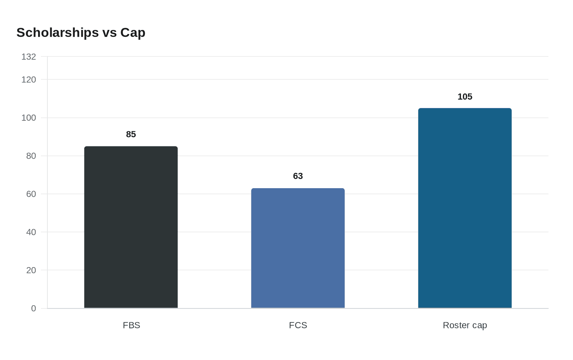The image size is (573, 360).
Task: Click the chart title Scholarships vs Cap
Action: coord(81,33)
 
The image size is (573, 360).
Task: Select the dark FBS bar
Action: coord(131,227)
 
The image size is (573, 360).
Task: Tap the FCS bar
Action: coord(298,248)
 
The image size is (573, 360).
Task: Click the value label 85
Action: coord(131,135)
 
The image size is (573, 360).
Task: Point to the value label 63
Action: coord(298,176)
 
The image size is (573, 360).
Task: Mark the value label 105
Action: coord(465,97)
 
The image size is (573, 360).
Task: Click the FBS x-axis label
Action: coord(131,325)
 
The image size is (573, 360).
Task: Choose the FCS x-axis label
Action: coord(298,325)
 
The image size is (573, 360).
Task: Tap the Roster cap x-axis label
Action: coord(465,325)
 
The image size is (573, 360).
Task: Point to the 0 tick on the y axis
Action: coord(34,308)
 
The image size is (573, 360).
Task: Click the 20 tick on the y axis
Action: coord(31,270)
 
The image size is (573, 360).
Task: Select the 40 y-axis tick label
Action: coord(31,232)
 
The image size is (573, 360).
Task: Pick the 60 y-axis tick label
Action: coord(31,194)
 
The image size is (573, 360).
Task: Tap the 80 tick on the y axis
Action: coord(31,156)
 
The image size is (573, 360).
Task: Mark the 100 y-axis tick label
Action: coord(29,118)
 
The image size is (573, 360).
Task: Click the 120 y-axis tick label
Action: coord(29,80)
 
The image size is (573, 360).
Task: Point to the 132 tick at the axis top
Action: coord(29,57)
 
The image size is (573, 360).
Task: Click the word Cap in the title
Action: coord(133,33)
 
